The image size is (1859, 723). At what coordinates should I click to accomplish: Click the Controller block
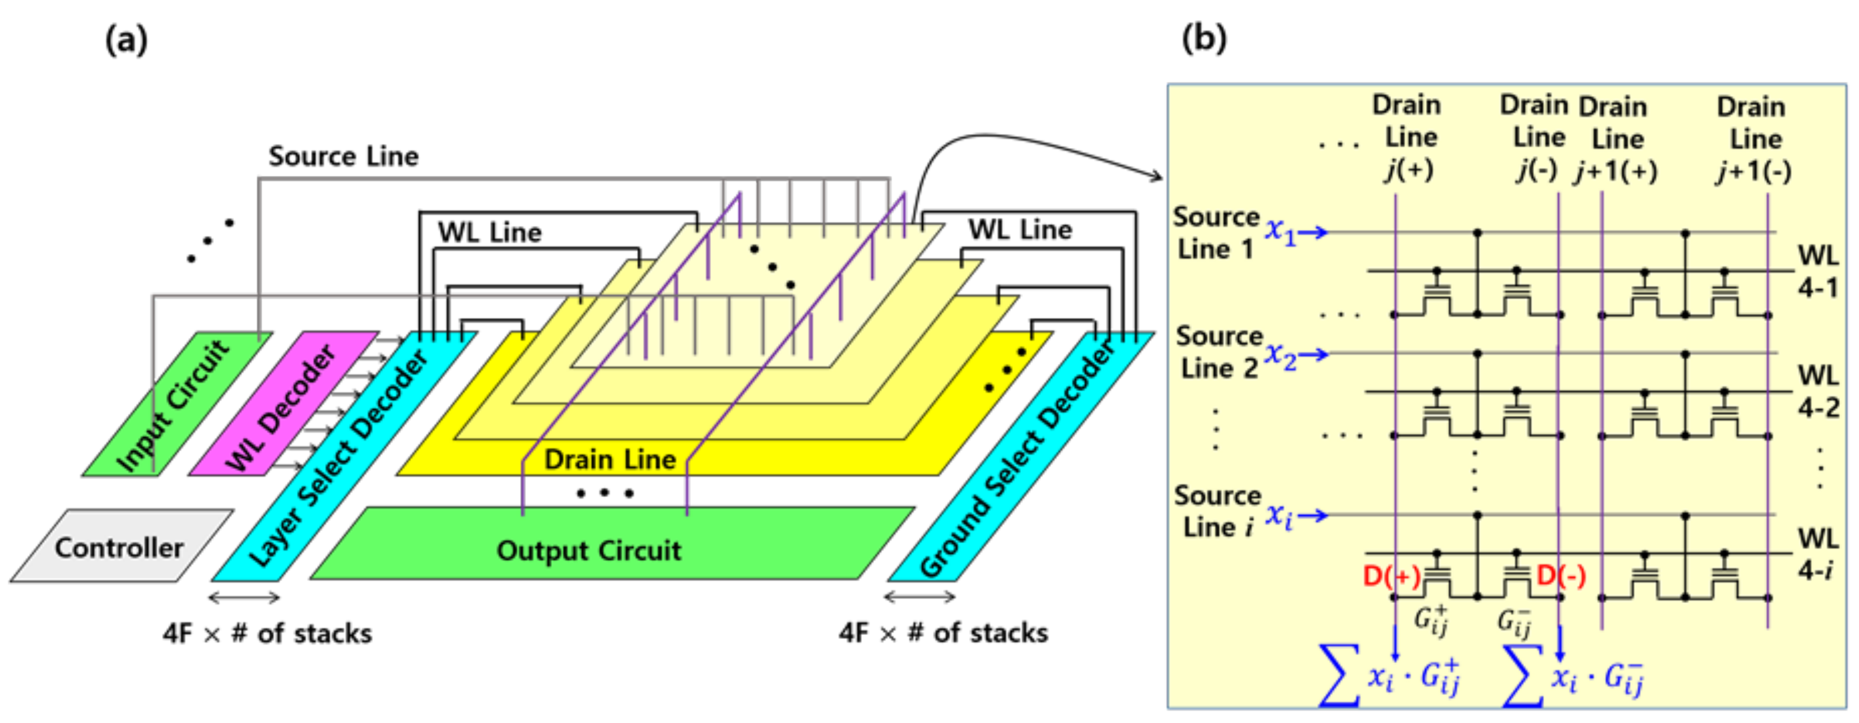(119, 548)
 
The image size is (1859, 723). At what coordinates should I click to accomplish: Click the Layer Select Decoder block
(339, 462)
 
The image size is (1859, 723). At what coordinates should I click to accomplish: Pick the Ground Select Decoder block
(1017, 462)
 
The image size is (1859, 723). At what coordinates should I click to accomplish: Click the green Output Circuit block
(588, 550)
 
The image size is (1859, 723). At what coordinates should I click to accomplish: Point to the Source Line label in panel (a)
(343, 156)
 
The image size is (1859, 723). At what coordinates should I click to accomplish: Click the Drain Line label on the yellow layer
(610, 460)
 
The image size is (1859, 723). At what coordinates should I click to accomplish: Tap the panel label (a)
(126, 40)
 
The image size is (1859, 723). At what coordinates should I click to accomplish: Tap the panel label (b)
(1203, 38)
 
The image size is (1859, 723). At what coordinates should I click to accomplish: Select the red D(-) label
(1561, 576)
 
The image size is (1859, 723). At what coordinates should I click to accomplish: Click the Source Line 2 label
(1218, 352)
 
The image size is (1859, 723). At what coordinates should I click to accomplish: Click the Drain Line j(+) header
(1408, 137)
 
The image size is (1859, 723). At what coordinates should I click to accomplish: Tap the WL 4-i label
(1816, 554)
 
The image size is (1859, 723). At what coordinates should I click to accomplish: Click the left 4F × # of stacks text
(267, 633)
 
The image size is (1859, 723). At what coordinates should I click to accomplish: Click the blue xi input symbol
(1279, 515)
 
